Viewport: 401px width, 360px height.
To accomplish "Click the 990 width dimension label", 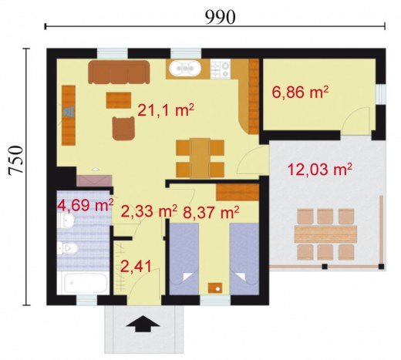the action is pos(220,17).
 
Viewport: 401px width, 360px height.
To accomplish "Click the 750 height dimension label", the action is pos(16,160).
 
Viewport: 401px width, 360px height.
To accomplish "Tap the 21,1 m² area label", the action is pos(166,110).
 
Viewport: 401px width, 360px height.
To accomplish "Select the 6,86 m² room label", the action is pos(300,93).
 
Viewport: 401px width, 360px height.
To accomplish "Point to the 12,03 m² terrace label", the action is pos(320,170).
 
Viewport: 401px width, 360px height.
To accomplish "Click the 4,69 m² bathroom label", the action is pos(85,205).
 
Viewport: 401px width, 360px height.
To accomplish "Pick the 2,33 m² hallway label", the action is pos(149,211).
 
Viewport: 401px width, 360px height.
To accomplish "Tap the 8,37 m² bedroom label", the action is pos(211,212).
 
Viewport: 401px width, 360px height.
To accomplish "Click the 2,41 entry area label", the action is pos(136,266).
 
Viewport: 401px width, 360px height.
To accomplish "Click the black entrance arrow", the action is pos(143,324).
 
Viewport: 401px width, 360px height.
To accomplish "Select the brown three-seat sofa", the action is pos(119,72).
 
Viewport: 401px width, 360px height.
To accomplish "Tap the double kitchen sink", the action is pos(185,68).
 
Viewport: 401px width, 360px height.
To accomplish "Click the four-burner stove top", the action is pos(221,69).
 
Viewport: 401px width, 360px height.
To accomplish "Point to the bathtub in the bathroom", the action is pos(86,283).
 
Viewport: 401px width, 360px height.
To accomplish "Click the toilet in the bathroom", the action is pos(68,248).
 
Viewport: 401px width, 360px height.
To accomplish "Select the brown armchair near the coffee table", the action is pos(123,128).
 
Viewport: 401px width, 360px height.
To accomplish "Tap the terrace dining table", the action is pos(325,234).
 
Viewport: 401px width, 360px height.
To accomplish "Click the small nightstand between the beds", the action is pos(215,288).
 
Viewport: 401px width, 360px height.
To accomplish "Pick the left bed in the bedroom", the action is pos(184,259).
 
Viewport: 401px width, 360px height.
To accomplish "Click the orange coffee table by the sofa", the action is pos(119,100).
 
